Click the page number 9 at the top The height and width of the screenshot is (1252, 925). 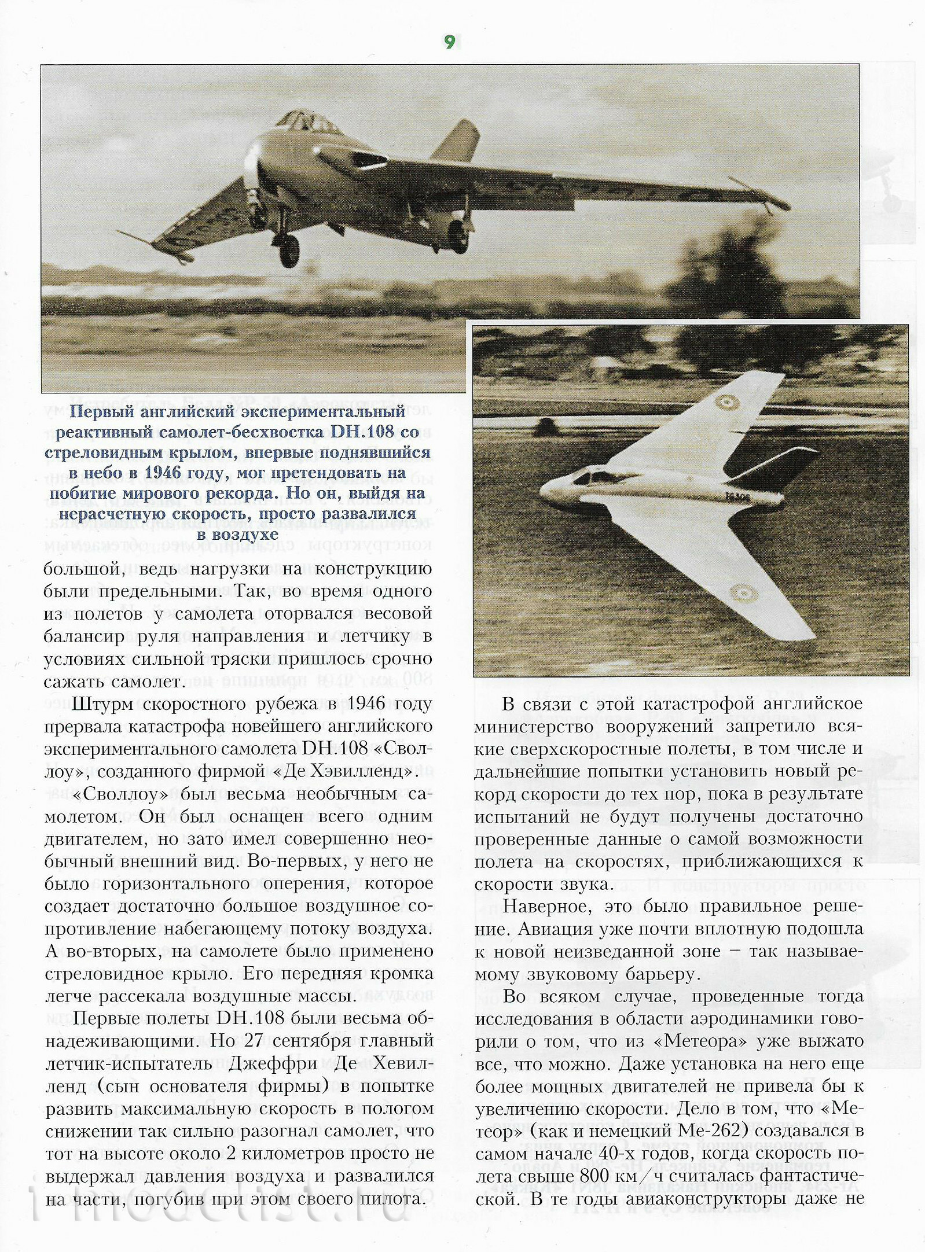(450, 42)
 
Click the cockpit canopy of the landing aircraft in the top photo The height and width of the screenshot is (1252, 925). (307, 121)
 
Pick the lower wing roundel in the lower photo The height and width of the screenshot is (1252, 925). (741, 592)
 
